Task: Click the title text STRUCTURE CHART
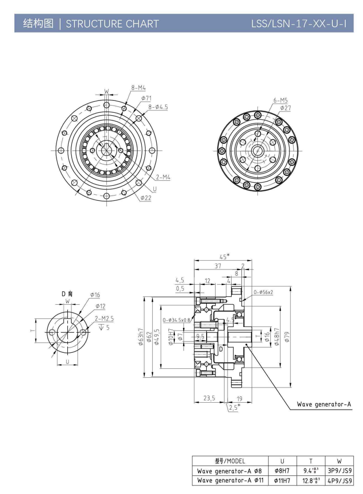pos(112,24)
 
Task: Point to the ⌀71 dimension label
pos(147,98)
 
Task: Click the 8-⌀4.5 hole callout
pos(158,107)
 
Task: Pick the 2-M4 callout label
pos(163,177)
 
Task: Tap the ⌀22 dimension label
pos(146,197)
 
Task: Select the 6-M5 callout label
pos(281,100)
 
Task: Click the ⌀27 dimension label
pos(285,108)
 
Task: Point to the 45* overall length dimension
pos(224,256)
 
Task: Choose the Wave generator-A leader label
pos(324,404)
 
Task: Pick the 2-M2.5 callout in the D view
pos(104,319)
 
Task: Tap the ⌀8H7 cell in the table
pos(282,471)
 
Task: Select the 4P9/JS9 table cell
pos(340,481)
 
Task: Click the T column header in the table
pos(311,461)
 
